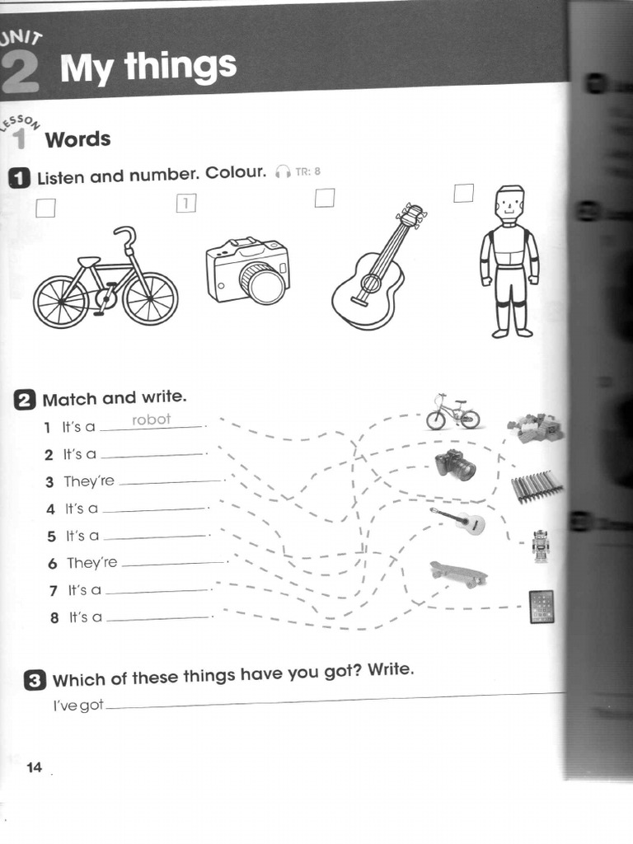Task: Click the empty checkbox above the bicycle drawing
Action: (46, 207)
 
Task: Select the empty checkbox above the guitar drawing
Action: (325, 198)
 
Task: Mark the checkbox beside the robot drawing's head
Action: (464, 193)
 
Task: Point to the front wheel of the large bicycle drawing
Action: (150, 298)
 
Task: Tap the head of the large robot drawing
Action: (509, 204)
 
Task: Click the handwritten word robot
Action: (151, 420)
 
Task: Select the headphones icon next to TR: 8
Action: (283, 171)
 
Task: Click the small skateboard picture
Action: (458, 573)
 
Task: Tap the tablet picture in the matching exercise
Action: (542, 607)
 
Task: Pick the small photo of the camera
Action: (456, 465)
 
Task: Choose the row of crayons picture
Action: (537, 486)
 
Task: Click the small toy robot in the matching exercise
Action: (541, 546)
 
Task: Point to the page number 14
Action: (34, 768)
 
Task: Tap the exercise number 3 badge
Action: (35, 681)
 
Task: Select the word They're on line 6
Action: (92, 563)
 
